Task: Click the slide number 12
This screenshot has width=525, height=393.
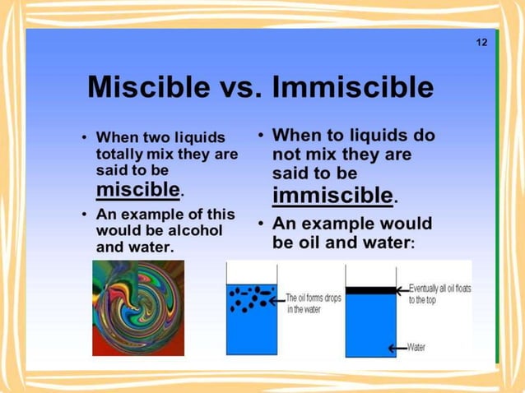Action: (481, 43)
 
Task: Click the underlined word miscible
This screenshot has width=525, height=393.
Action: (137, 190)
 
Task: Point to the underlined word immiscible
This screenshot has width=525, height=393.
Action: (332, 195)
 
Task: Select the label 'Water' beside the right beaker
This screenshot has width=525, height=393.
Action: (416, 348)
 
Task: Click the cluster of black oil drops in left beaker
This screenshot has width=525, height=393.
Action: (251, 298)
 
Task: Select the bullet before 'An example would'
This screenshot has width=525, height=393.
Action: (261, 224)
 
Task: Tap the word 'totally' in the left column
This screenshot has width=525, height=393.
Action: (119, 154)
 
